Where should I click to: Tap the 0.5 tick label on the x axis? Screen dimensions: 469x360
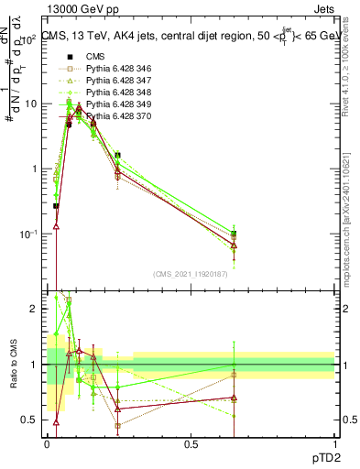click(191, 444)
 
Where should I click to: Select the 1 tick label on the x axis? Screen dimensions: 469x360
click(334, 444)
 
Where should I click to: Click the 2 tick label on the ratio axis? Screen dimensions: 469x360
click(35, 309)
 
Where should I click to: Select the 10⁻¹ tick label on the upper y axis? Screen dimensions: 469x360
click(30, 234)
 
